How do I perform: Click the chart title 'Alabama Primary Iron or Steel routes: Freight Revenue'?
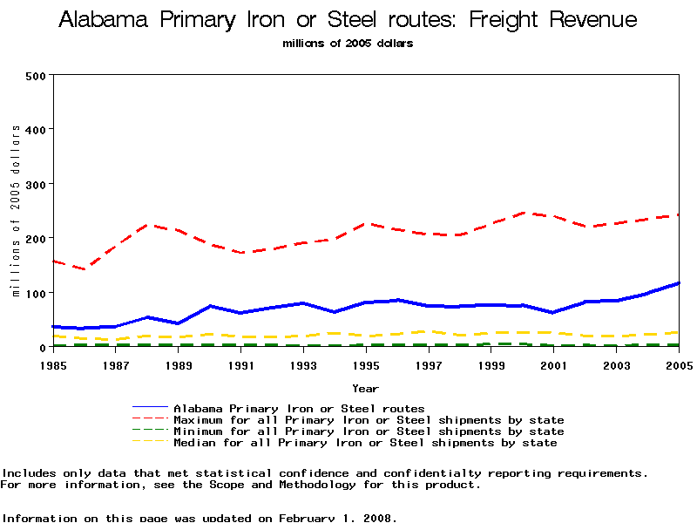point(348,20)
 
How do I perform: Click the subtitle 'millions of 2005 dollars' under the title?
point(348,43)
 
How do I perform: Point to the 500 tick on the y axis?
point(35,76)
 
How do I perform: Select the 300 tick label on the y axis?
point(35,184)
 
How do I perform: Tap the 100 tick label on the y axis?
point(35,293)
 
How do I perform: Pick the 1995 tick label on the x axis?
point(365,363)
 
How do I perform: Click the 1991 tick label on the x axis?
point(240,363)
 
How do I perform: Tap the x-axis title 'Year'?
point(365,388)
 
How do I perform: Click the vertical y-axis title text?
point(15,210)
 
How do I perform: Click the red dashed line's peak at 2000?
point(523,212)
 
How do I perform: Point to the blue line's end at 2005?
point(678,282)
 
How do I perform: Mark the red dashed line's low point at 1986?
point(84,269)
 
